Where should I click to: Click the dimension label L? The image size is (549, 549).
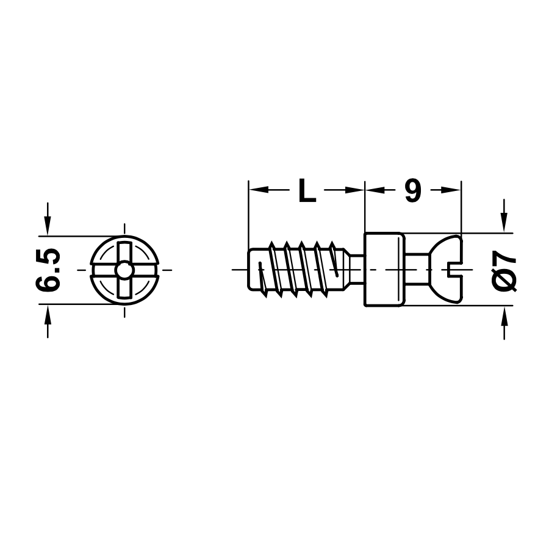pyautogui.click(x=307, y=191)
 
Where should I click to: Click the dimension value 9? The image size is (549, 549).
pyautogui.click(x=413, y=191)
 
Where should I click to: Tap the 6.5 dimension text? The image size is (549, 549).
pyautogui.click(x=48, y=270)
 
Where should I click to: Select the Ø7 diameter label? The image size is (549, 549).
pyautogui.click(x=504, y=270)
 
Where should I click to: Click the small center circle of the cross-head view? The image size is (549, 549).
pyautogui.click(x=124, y=270)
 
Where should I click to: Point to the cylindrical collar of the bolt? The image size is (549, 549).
pyautogui.click(x=385, y=270)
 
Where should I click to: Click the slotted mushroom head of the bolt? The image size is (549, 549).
pyautogui.click(x=446, y=270)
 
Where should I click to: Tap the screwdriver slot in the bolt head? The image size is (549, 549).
pyautogui.click(x=456, y=270)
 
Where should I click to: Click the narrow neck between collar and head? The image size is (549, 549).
pyautogui.click(x=417, y=270)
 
